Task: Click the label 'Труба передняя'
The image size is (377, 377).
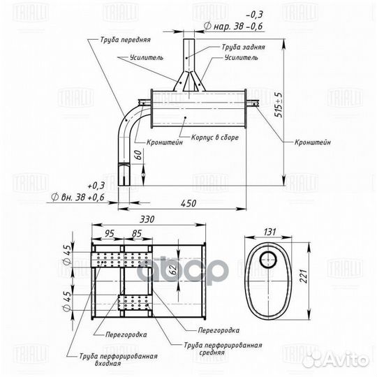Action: [x=125, y=39]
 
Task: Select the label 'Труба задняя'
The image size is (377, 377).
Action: [x=243, y=47]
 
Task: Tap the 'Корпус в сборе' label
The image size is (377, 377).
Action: [x=215, y=138]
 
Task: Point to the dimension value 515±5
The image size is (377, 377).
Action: [x=279, y=105]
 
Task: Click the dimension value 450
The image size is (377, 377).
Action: [x=188, y=203]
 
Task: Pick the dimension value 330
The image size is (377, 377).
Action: [x=147, y=219]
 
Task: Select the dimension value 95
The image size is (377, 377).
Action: [x=109, y=233]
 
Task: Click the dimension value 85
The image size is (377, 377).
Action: [x=137, y=233]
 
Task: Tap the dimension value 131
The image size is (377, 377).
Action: [x=269, y=232]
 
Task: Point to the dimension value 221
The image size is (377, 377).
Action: [x=304, y=276]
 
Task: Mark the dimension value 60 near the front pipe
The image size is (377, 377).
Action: [x=138, y=155]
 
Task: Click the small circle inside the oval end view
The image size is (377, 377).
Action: [x=268, y=260]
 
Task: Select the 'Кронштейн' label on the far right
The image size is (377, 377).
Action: [x=313, y=142]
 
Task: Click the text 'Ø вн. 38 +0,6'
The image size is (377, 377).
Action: [x=77, y=197]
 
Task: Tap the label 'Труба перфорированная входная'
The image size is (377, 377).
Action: [x=118, y=360]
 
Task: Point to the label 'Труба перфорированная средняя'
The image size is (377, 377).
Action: [x=223, y=349]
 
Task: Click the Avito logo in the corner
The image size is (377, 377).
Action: [x=335, y=360]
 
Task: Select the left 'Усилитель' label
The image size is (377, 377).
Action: [x=147, y=57]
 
